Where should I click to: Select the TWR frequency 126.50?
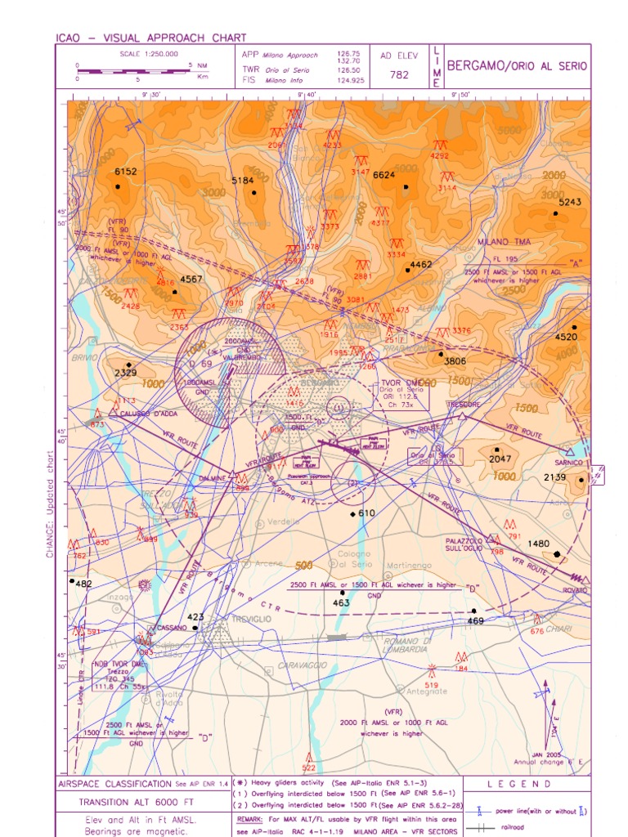(348, 70)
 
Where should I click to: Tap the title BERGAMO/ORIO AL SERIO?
(517, 66)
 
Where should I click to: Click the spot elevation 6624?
(384, 175)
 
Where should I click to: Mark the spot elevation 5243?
(569, 202)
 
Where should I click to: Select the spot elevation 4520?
(566, 337)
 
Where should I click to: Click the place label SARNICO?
(569, 462)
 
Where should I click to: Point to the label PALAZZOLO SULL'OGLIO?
(464, 544)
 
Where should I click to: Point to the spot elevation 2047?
(500, 459)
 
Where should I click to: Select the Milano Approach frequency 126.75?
(348, 53)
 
